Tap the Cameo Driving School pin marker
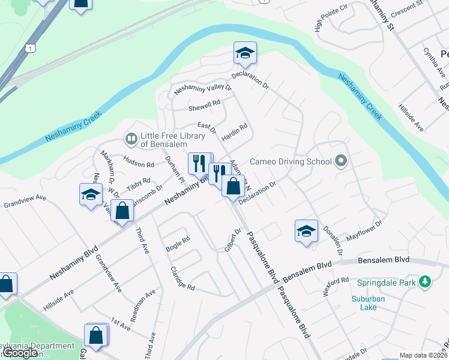tap(342, 160)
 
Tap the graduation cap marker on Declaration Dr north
tap(245, 54)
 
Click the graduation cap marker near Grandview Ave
tap(91, 195)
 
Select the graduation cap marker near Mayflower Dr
tap(306, 231)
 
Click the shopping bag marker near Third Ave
tap(122, 211)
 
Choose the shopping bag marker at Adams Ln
tap(233, 186)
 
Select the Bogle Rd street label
tap(178, 244)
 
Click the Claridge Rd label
tap(182, 279)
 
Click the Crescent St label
tap(406, 9)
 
